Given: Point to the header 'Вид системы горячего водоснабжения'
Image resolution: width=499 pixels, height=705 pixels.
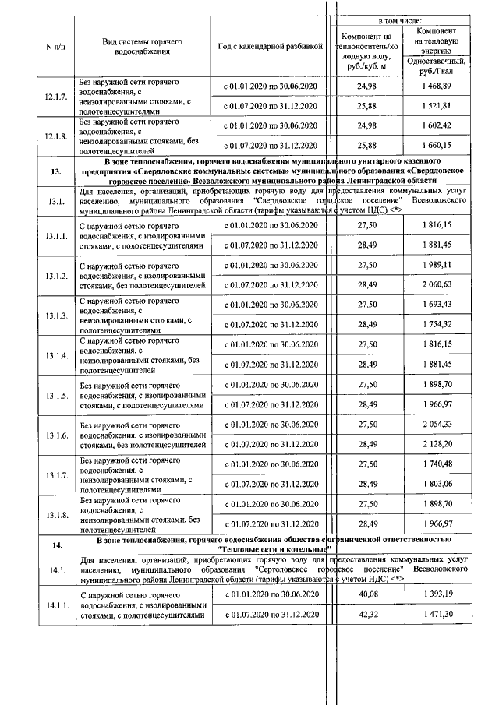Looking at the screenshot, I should coord(142,46).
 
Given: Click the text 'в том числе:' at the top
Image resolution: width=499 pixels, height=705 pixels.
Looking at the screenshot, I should coord(400,18).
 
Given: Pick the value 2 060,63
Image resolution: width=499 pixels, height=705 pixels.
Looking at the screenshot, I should coord(437,285).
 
